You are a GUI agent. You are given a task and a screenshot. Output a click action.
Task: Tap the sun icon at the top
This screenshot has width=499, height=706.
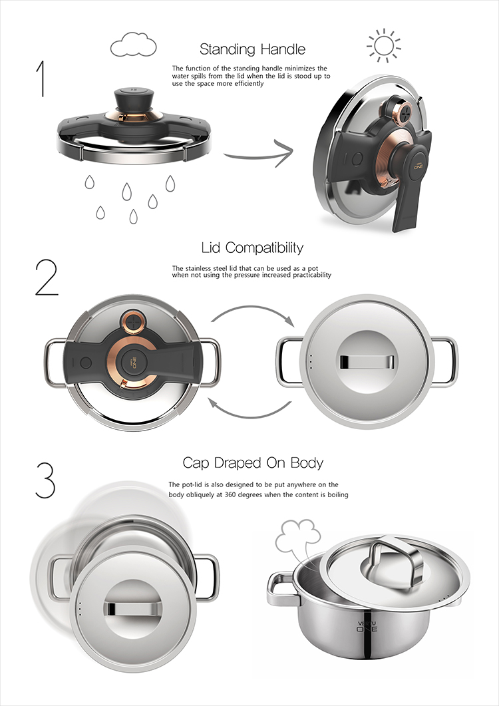[x=384, y=45]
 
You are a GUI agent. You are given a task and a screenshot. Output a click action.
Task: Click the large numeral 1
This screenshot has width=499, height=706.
[x=41, y=79]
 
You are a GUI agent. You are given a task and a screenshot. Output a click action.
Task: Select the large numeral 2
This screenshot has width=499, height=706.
[x=47, y=277]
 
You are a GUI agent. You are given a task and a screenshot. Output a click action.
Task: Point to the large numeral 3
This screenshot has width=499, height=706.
[x=45, y=480]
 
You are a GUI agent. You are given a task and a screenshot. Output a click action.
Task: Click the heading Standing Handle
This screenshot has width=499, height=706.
[x=253, y=49]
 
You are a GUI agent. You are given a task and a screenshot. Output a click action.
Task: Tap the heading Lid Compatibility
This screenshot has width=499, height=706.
[x=252, y=248]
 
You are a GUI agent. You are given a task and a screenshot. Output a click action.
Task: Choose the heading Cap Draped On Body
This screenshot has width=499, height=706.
[x=253, y=463]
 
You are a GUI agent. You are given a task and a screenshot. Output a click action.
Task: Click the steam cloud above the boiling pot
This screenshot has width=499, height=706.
[x=298, y=540]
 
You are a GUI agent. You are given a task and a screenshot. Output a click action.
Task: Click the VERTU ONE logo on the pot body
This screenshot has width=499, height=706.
[x=367, y=626]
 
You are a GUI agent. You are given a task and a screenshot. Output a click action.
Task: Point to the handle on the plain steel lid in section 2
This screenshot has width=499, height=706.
[x=367, y=361]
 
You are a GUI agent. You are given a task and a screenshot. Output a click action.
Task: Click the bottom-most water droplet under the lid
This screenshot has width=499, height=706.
[x=133, y=216]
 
